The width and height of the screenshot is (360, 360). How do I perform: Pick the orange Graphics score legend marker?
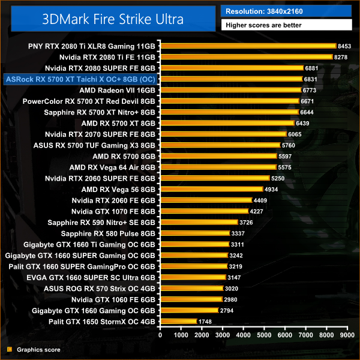[x=9, y=349]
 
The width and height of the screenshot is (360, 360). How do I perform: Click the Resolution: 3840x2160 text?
[x=262, y=11]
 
